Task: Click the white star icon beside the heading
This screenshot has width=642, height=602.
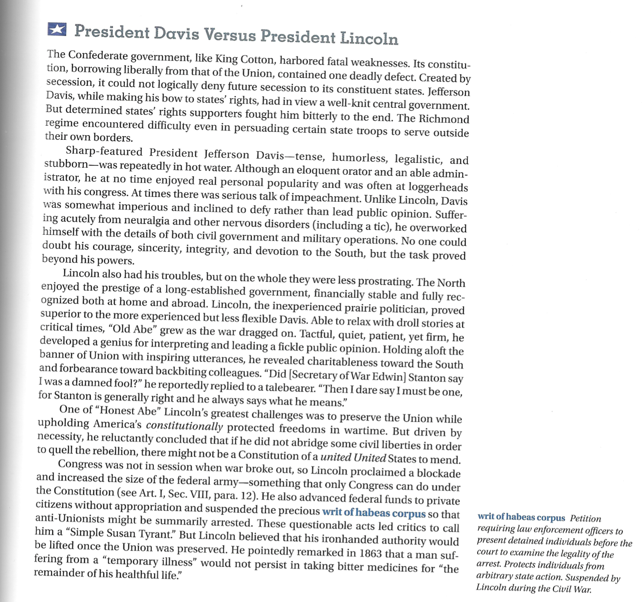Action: coord(57,29)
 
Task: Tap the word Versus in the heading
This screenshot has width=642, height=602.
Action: coord(230,35)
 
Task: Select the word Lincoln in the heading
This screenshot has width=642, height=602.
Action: coord(369,38)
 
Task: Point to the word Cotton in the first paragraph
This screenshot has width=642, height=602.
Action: coord(256,60)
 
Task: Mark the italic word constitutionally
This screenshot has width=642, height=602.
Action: coord(184,426)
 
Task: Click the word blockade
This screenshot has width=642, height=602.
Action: coord(438,473)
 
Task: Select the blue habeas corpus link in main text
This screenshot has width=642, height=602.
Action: coord(374,513)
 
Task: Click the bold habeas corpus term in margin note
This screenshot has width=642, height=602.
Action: coord(521,517)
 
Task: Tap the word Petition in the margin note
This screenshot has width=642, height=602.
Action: coord(586,519)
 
